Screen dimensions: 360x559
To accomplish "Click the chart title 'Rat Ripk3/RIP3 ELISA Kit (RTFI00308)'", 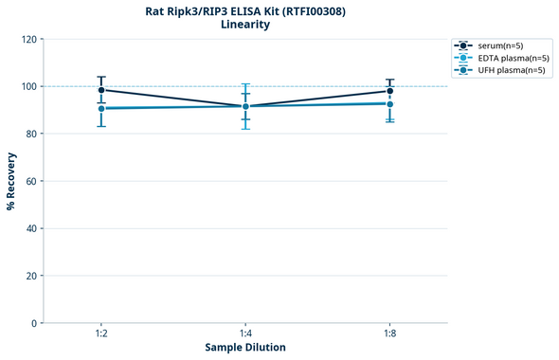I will tap(244, 10).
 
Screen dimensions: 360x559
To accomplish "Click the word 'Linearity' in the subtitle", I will tap(244, 25).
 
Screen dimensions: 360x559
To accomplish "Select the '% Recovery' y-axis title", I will tap(11, 181).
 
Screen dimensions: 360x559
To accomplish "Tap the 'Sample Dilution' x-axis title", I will tap(245, 348).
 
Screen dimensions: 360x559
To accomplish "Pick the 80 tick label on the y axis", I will tap(31, 134).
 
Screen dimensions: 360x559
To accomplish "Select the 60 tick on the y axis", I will tap(31, 181).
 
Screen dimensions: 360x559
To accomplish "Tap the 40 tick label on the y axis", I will tap(31, 228).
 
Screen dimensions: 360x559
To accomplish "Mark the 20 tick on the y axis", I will tap(31, 276).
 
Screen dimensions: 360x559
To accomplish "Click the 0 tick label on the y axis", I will tap(34, 323).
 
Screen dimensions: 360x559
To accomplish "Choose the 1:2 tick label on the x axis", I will tap(101, 333).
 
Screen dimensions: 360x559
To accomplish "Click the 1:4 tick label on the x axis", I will tap(245, 333).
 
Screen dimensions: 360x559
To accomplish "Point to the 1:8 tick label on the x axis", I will tap(389, 333).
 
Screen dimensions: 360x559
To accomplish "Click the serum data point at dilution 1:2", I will tap(101, 90).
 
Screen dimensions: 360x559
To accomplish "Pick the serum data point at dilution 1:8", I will tap(389, 91).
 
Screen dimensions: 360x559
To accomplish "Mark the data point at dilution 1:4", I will tap(245, 106).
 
